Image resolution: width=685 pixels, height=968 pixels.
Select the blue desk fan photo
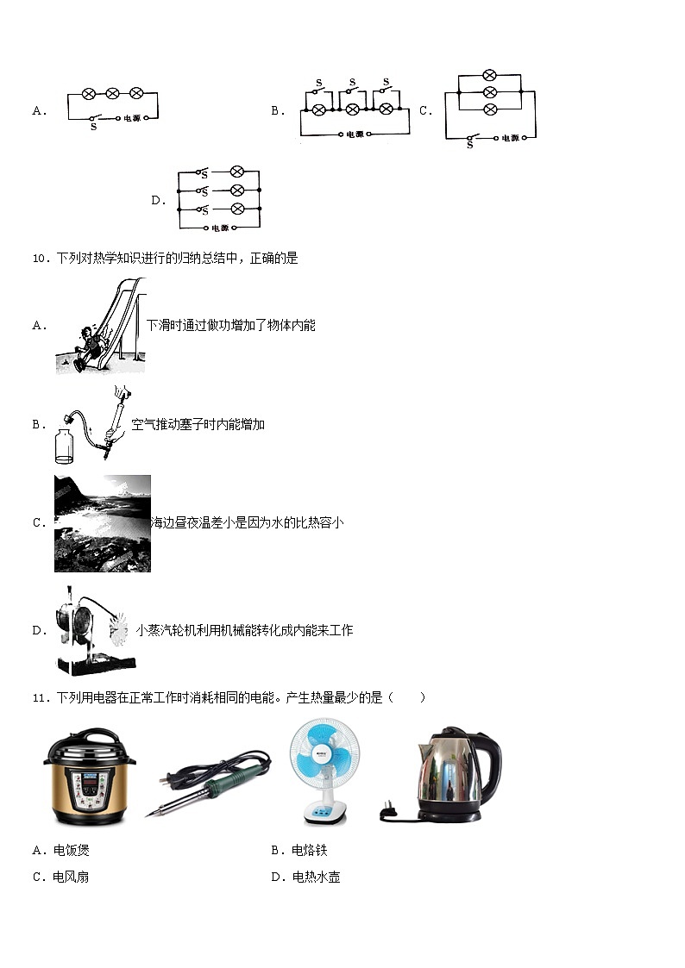[x=321, y=771]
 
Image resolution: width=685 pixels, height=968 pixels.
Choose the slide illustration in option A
[x=100, y=326]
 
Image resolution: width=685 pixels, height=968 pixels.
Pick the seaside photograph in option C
[x=103, y=523]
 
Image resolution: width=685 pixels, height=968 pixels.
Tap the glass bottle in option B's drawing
[x=65, y=447]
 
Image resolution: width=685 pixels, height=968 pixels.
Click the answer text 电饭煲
[x=71, y=851]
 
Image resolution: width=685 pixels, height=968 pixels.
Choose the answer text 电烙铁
[x=310, y=851]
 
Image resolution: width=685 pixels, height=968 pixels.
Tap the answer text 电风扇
[x=71, y=877]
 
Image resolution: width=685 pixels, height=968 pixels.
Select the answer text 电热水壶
[x=316, y=877]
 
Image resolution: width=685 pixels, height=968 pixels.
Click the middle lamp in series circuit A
[x=112, y=92]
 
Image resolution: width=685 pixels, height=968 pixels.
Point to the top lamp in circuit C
[x=489, y=75]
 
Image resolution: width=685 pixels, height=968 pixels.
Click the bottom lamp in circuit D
[x=238, y=209]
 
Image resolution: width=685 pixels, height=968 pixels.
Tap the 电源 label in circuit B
[x=355, y=134]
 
